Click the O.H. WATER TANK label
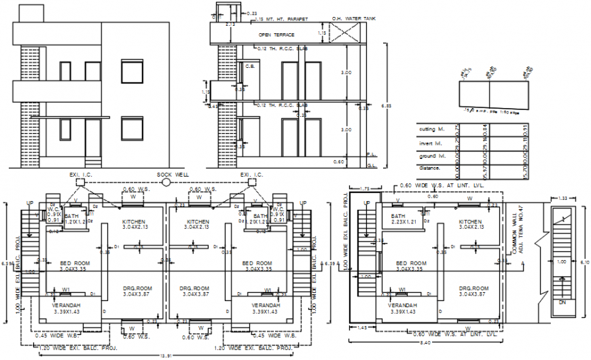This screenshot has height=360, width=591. point(354,18)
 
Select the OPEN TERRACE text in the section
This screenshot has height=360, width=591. point(275,34)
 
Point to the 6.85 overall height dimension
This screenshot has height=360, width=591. point(387,105)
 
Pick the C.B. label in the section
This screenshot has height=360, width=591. point(249,66)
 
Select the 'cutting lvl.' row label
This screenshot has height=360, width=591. point(431,129)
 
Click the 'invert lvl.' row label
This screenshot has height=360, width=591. point(429,143)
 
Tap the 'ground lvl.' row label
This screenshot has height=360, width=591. point(431,156)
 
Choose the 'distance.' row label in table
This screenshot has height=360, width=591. point(429,167)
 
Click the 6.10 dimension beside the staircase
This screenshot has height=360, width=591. point(586,260)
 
